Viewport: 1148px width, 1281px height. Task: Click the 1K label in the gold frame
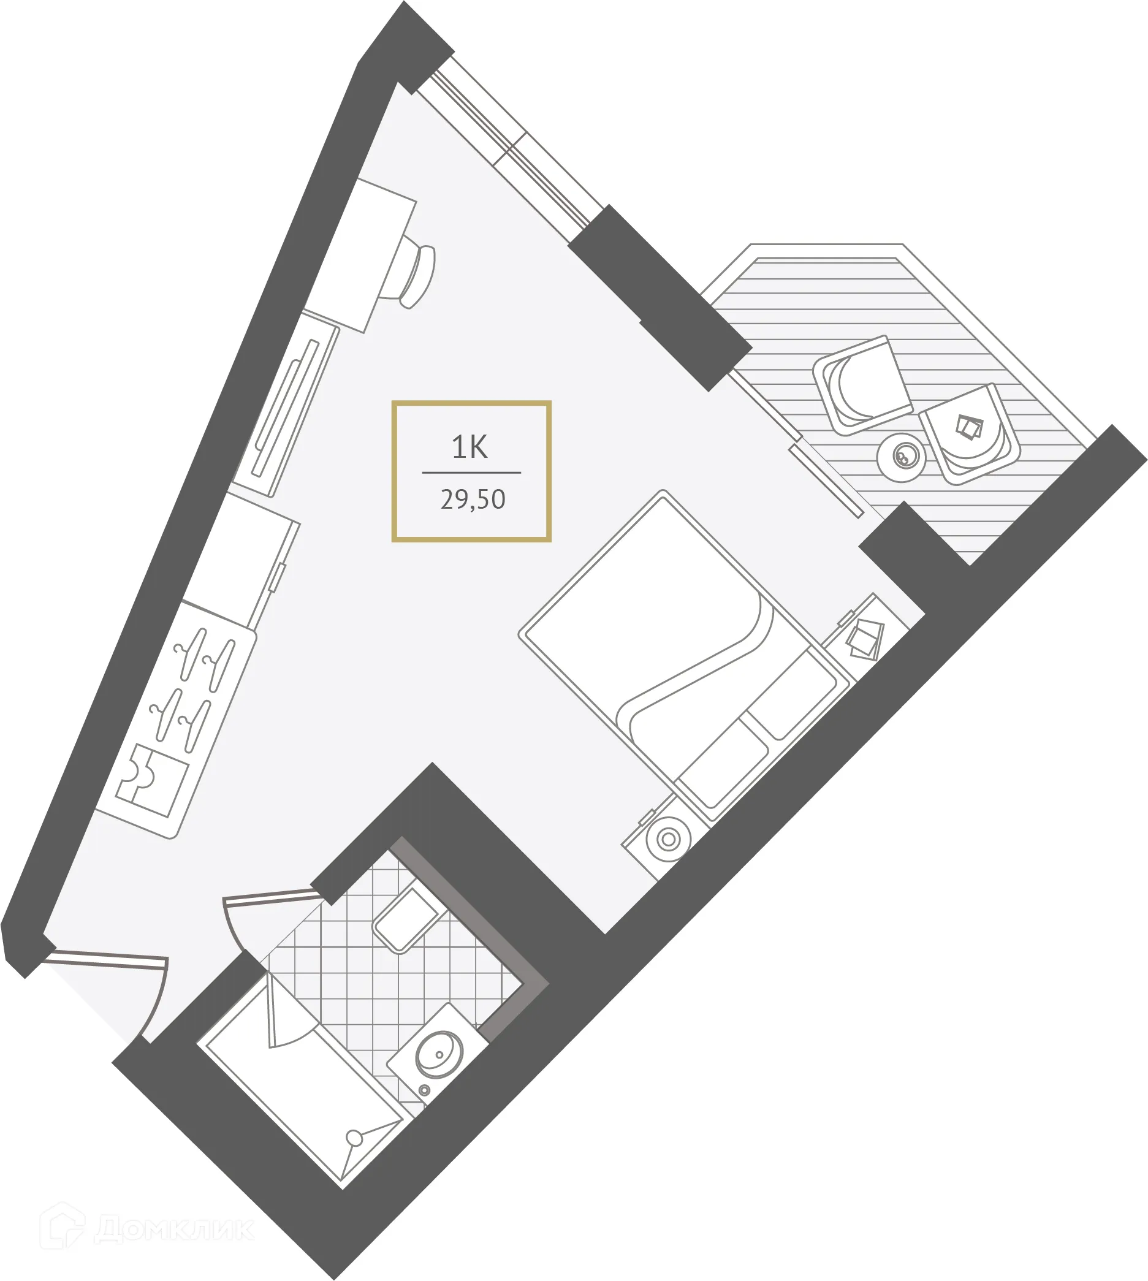pos(469,447)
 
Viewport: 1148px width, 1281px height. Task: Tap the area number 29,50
pos(473,500)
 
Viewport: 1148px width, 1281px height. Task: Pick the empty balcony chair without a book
pos(863,386)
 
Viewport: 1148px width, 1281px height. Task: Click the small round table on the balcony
pos(901,457)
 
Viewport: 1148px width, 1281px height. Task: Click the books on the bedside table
pos(865,639)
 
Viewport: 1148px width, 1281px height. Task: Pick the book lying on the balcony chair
pos(970,427)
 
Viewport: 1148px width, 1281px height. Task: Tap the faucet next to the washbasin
pos(425,1090)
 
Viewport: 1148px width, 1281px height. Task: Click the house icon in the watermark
pos(62,1226)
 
